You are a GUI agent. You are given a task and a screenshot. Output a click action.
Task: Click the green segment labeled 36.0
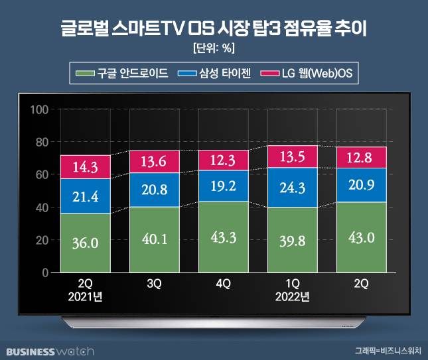86,243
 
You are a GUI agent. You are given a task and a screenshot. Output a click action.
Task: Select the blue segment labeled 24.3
293,188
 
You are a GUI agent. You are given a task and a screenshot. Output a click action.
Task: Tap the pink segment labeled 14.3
86,167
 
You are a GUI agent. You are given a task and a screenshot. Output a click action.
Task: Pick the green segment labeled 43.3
224,237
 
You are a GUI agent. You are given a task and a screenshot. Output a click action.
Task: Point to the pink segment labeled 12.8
362,157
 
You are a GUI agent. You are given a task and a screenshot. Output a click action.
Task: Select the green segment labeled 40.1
155,239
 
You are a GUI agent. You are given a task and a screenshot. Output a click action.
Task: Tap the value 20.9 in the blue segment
362,188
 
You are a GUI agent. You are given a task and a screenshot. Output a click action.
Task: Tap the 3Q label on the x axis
155,283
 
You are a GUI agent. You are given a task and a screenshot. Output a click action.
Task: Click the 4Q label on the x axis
224,283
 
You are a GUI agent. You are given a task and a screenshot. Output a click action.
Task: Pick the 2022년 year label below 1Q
293,296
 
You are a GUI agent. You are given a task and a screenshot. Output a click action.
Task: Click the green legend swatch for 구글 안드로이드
85,73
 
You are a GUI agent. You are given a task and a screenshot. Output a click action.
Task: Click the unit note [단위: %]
214,48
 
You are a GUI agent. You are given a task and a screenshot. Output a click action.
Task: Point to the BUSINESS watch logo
50,350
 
